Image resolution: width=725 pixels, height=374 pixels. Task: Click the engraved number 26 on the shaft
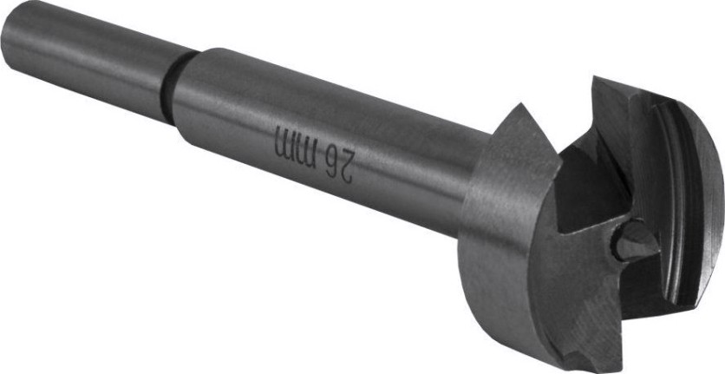pyautogui.click(x=339, y=165)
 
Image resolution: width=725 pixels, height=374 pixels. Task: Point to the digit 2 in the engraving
pyautogui.click(x=346, y=168)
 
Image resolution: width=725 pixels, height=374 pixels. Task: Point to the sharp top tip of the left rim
pyautogui.click(x=521, y=106)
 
